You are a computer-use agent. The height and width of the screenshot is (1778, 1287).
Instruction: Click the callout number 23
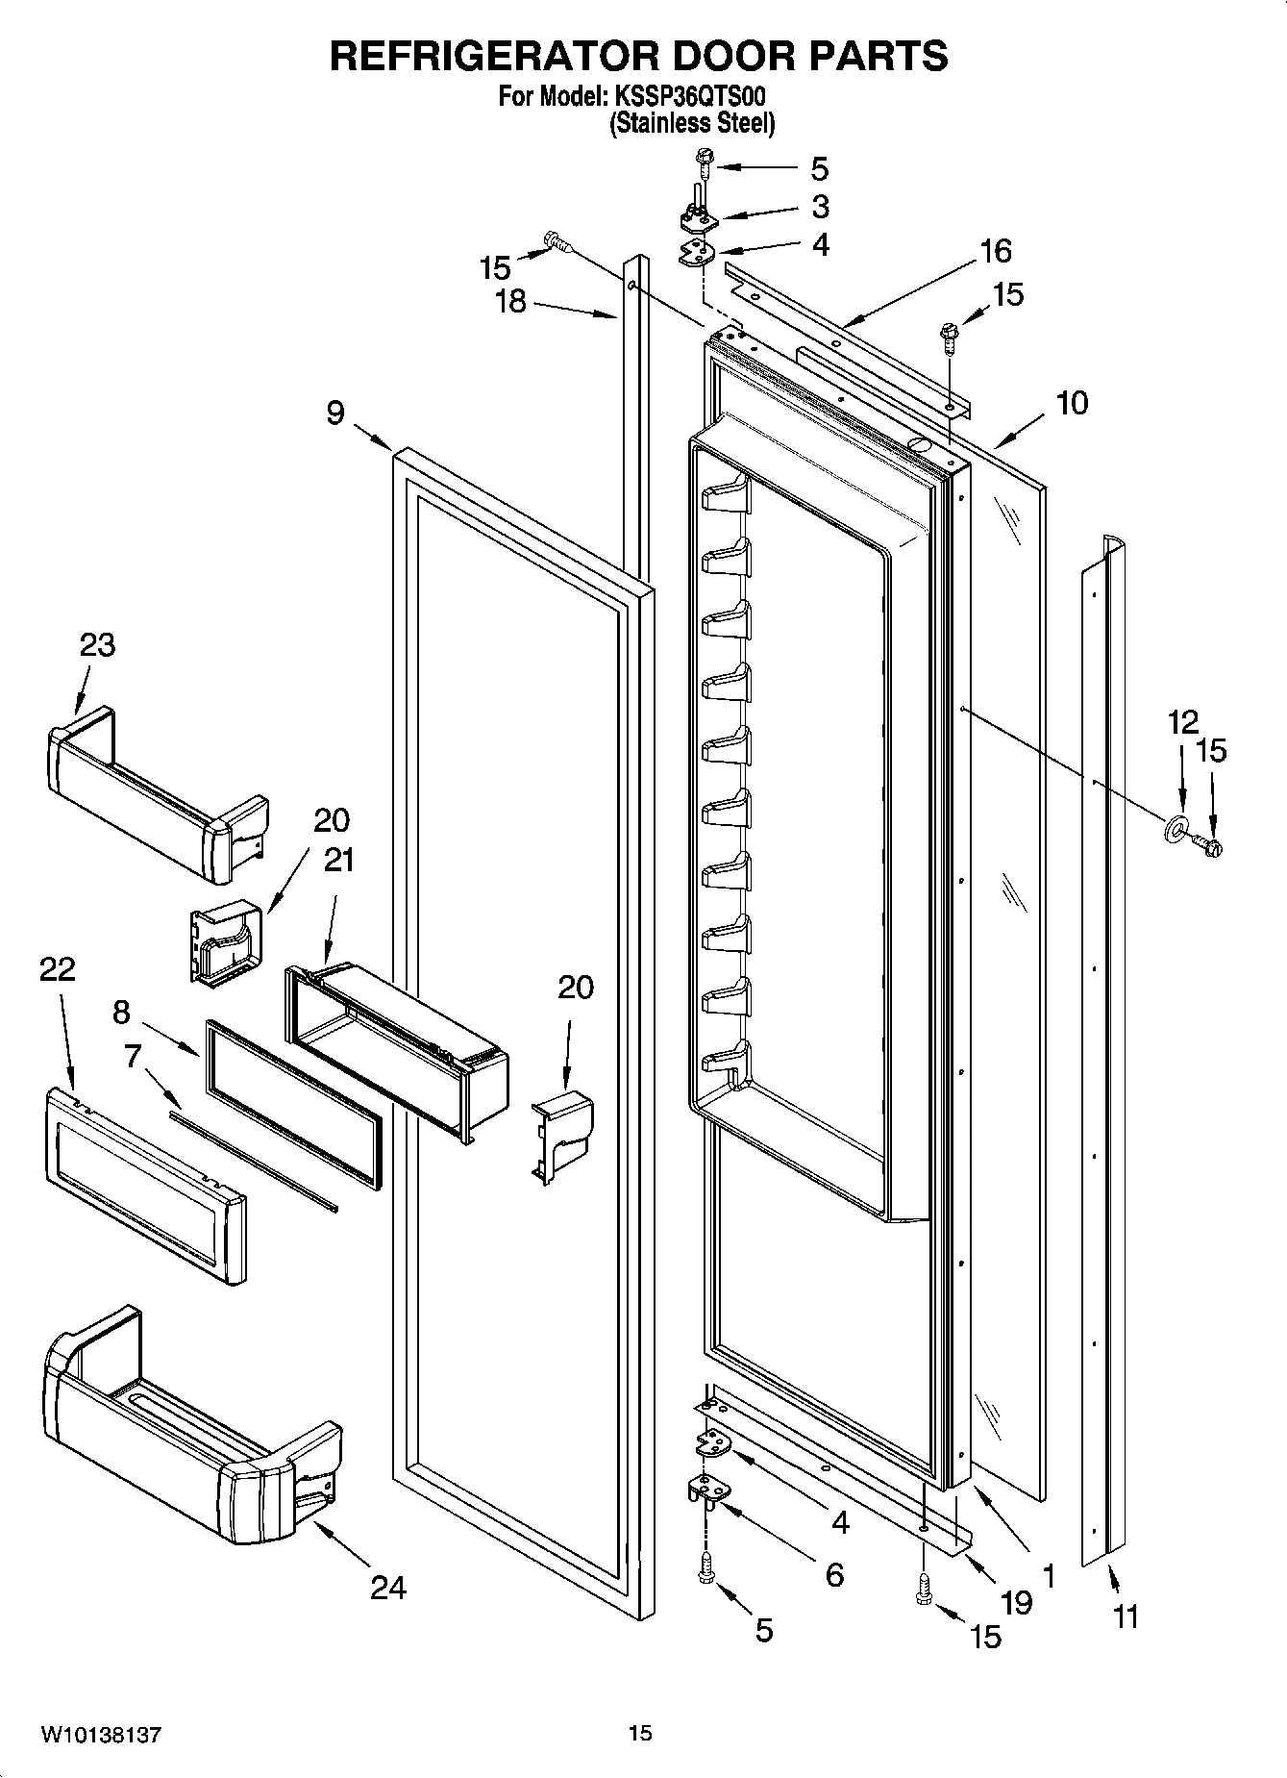click(97, 644)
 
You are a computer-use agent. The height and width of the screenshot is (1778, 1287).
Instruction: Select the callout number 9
click(334, 413)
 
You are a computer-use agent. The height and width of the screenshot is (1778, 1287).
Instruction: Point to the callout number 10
click(1072, 403)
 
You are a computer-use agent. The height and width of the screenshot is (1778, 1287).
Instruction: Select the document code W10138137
click(101, 1735)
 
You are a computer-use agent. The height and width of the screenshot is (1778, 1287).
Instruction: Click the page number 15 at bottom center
click(640, 1734)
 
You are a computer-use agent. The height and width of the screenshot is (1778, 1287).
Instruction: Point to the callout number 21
click(337, 860)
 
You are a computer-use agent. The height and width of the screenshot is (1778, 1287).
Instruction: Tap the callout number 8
click(120, 1012)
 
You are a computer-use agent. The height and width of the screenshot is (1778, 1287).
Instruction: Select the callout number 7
click(132, 1057)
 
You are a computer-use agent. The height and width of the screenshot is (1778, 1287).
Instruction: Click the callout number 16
click(996, 251)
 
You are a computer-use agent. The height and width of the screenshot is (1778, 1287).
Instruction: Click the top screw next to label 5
click(704, 167)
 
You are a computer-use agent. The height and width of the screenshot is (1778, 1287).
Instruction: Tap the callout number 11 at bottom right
click(1126, 1616)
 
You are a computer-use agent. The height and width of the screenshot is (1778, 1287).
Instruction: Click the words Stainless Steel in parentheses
click(692, 123)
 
